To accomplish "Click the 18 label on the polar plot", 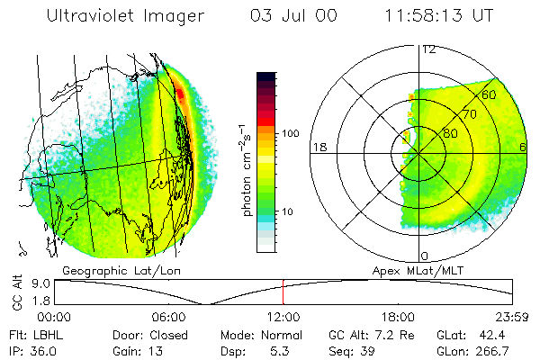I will (x=318, y=147).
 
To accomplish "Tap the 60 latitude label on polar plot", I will (x=489, y=94).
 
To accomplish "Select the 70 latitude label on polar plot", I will (x=468, y=114).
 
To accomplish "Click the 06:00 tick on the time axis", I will (x=169, y=317).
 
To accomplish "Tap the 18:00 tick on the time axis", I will (x=398, y=317).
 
